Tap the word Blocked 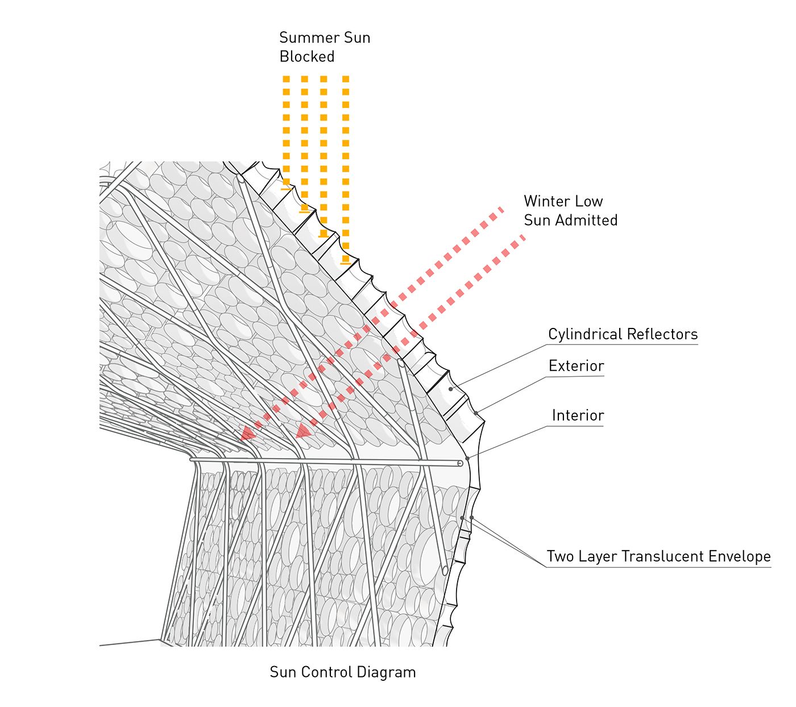[x=307, y=57]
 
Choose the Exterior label [x=576, y=366]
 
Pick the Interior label [x=578, y=415]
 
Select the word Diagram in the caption [x=391, y=672]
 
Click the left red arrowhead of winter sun [x=247, y=434]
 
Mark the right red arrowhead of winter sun [x=303, y=431]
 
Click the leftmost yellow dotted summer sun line [x=287, y=131]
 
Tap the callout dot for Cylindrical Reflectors [x=451, y=389]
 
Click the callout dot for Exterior [x=476, y=413]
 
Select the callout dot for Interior [x=467, y=458]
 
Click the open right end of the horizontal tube [x=460, y=464]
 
